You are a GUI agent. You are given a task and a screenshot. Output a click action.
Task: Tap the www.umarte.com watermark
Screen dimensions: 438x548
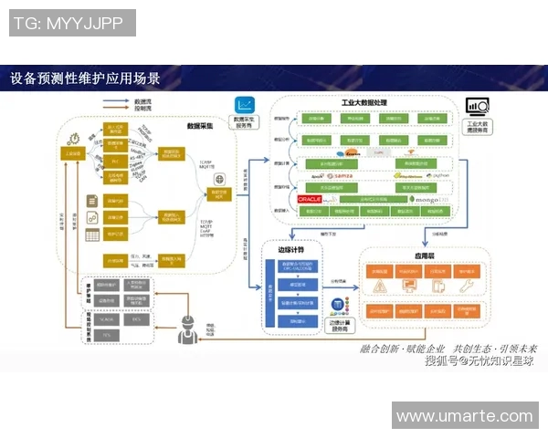[x=464, y=416]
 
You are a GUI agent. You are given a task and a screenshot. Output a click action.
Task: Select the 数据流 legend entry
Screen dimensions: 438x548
[x=142, y=100]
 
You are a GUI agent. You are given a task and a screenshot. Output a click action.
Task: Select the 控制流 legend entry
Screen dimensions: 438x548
[x=142, y=109]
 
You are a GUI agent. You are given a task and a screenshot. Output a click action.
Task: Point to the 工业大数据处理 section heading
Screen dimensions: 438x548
[x=365, y=104]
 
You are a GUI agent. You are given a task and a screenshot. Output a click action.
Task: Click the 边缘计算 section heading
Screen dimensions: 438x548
[x=281, y=247]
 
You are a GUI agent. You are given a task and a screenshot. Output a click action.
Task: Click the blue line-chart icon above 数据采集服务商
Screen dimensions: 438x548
[x=244, y=105]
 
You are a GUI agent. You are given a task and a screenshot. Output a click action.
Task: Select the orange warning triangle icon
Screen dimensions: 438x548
[x=379, y=287]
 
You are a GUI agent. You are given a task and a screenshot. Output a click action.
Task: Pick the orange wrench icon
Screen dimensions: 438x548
[x=466, y=287]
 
